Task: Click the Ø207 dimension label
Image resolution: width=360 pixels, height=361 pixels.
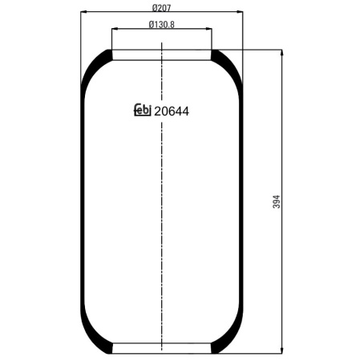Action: tap(161, 8)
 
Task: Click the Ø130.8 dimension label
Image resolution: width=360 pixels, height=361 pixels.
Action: tap(161, 25)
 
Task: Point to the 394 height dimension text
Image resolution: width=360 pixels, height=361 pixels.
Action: tap(277, 201)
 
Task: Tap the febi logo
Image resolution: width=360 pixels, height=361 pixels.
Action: tap(143, 110)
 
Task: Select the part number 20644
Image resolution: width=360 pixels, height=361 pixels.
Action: tap(172, 112)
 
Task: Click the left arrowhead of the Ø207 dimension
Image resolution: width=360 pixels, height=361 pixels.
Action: tap(84, 12)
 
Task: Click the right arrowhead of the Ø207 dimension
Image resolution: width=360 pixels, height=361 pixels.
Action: tap(240, 12)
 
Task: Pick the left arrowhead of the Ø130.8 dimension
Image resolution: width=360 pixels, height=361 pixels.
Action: tap(115, 28)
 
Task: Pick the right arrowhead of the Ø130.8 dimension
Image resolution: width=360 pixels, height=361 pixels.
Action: tap(208, 28)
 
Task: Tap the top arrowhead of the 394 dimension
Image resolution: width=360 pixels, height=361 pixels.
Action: tap(281, 53)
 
